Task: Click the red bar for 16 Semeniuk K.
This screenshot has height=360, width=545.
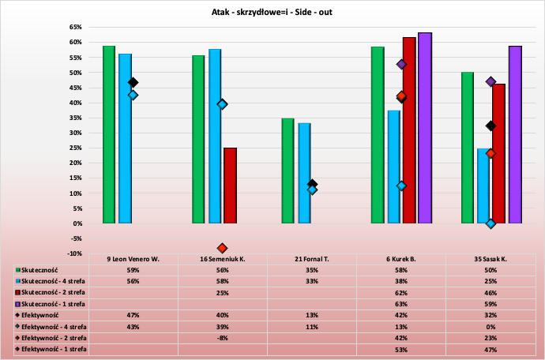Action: click(x=230, y=186)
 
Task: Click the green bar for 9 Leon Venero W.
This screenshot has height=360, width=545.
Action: click(x=109, y=134)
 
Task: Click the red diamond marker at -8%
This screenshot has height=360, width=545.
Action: click(x=222, y=248)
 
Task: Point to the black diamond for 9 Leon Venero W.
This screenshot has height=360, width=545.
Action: click(x=133, y=82)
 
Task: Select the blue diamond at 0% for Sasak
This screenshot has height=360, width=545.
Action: click(x=490, y=223)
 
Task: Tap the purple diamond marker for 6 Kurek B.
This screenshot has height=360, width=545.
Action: click(x=401, y=65)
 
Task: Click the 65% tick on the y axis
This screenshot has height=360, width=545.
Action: click(x=76, y=27)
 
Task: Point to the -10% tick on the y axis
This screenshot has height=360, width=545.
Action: click(x=75, y=253)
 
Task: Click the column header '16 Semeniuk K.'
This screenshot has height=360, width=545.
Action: click(x=223, y=258)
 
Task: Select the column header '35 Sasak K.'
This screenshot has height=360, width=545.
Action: click(x=490, y=258)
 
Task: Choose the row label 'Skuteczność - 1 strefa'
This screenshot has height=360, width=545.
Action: click(x=55, y=303)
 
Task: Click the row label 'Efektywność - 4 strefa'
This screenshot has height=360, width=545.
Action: click(x=55, y=326)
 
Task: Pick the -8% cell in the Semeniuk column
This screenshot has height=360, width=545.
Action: click(x=223, y=337)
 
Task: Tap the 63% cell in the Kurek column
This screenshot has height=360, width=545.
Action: click(x=401, y=303)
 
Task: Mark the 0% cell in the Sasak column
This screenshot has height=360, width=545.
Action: click(x=490, y=326)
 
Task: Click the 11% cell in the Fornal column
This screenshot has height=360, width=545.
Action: click(x=312, y=326)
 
